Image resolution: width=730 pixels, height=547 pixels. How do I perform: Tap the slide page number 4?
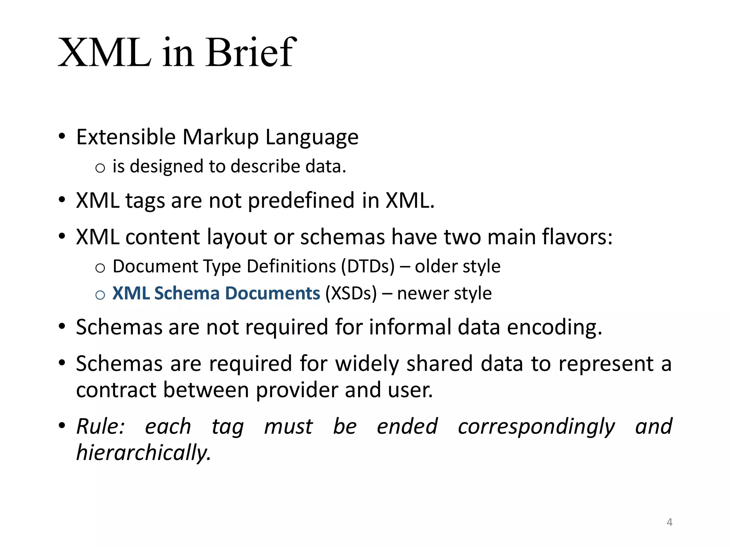coord(669,522)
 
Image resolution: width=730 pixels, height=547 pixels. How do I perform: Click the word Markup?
coord(221,137)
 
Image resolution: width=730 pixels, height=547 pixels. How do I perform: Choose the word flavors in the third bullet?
coord(577,237)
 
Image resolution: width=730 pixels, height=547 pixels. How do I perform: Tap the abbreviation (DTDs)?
coord(368,266)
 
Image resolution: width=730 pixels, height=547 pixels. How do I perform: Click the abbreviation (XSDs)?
coord(351,293)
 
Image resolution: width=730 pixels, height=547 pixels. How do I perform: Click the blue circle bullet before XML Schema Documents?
coord(100,295)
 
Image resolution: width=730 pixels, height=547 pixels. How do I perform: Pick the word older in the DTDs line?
coord(431,266)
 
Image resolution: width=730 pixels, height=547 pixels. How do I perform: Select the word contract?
coord(116,390)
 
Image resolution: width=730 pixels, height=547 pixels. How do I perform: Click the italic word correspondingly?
coord(536,427)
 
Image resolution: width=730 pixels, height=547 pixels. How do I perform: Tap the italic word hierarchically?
coord(144,453)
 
